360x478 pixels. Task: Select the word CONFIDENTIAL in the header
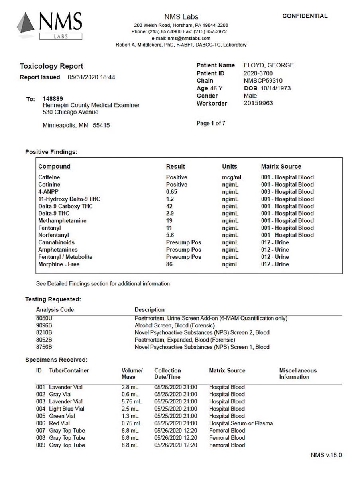click(305, 16)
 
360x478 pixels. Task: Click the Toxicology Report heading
click(51, 66)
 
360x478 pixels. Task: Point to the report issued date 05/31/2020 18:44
click(92, 77)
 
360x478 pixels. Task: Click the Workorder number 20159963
click(258, 104)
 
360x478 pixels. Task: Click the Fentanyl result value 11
click(169, 228)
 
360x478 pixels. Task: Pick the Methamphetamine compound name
click(62, 221)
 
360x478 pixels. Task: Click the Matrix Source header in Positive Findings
click(281, 167)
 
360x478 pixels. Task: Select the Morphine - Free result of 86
click(169, 264)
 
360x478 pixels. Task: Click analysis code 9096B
click(44, 325)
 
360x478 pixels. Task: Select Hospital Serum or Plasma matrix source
click(241, 423)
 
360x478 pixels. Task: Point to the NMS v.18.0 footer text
click(326, 455)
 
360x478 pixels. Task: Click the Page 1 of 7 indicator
click(211, 124)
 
